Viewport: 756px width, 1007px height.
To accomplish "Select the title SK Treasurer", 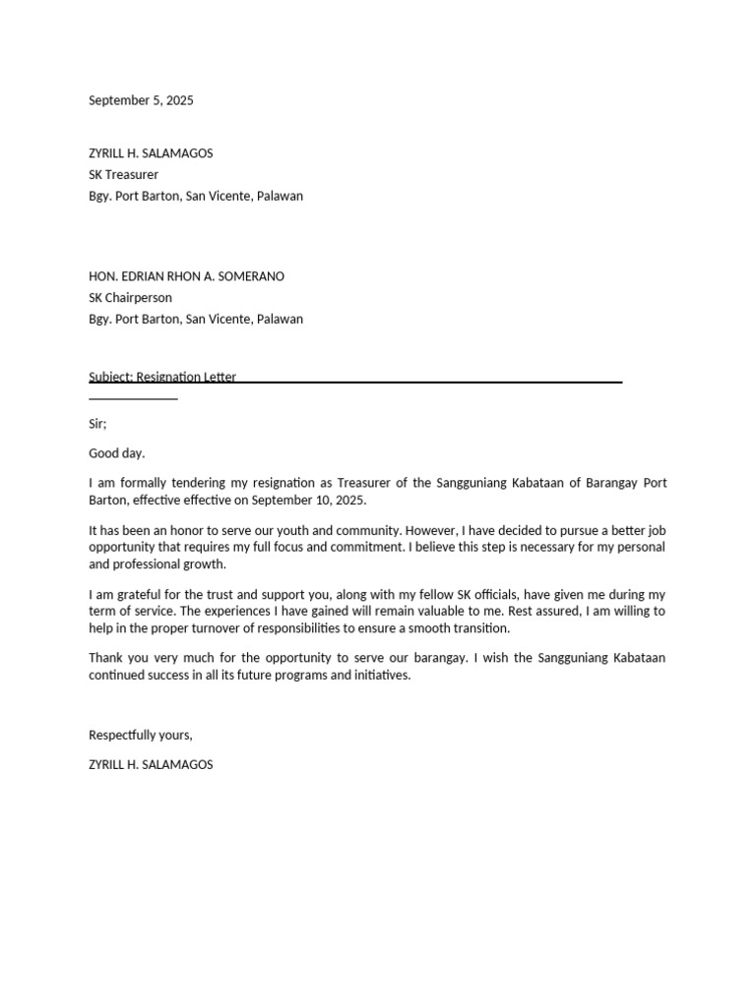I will tap(123, 175).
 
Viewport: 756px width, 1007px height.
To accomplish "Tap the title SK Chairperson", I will tap(130, 298).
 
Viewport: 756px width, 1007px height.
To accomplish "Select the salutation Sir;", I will tap(97, 423).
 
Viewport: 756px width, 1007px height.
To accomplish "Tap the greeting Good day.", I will tap(116, 453).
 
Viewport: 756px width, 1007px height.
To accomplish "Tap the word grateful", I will tap(138, 594).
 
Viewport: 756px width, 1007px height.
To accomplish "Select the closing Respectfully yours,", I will tap(141, 735).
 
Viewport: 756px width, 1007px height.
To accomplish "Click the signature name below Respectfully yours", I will tap(151, 764).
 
